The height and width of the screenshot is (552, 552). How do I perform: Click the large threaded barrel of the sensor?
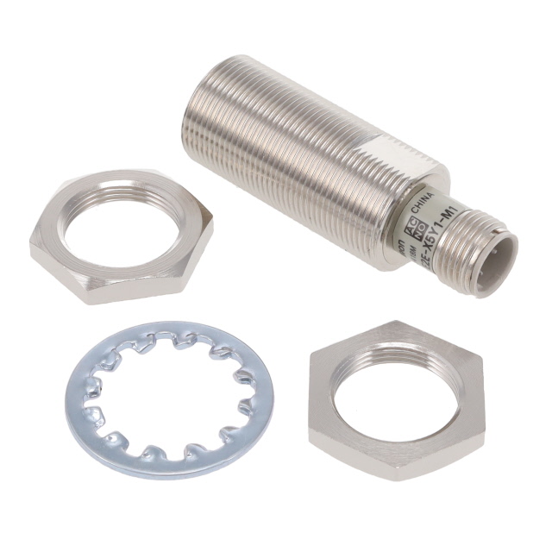pos(285,155)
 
